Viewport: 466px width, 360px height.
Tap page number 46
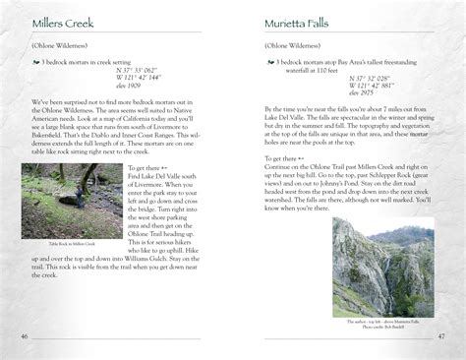pos(24,336)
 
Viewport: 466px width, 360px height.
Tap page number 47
pos(442,336)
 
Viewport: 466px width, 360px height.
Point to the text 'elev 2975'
pos(361,92)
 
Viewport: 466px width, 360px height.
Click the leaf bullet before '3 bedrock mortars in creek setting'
pos(34,62)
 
